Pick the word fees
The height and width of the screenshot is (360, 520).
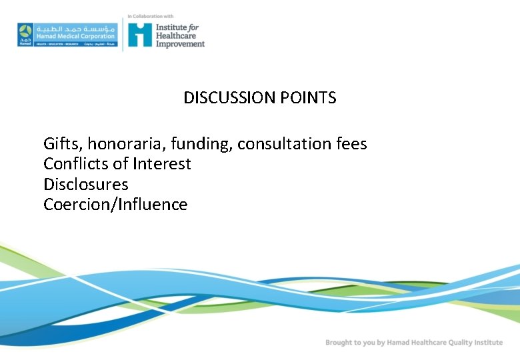pyautogui.click(x=351, y=143)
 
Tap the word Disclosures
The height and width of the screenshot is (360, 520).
pyautogui.click(x=86, y=184)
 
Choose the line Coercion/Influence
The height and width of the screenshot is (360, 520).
pyautogui.click(x=115, y=204)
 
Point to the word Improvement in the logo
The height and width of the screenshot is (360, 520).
pyautogui.click(x=180, y=44)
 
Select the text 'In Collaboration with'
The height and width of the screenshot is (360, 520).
pyautogui.click(x=151, y=15)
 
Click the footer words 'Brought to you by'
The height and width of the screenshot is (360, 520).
pyautogui.click(x=351, y=343)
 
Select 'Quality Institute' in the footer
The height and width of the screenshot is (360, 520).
pyautogui.click(x=474, y=343)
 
